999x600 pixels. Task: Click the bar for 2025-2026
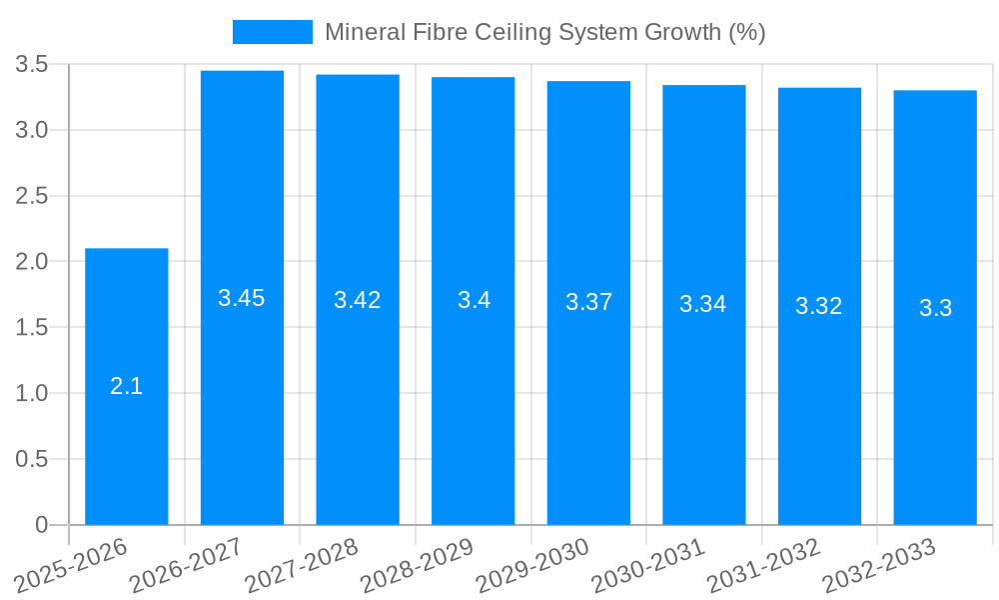pyautogui.click(x=127, y=440)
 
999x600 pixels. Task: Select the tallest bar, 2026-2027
pyautogui.click(x=242, y=400)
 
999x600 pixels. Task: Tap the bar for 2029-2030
pyautogui.click(x=588, y=420)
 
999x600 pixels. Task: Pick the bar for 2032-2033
pyautogui.click(x=935, y=420)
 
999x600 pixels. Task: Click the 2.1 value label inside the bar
pyautogui.click(x=127, y=386)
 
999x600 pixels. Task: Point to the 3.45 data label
pyautogui.click(x=242, y=298)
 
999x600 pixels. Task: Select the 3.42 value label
pyautogui.click(x=358, y=300)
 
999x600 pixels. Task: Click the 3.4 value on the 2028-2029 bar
pyautogui.click(x=474, y=300)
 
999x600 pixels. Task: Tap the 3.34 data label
pyautogui.click(x=703, y=304)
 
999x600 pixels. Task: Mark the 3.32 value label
pyautogui.click(x=819, y=306)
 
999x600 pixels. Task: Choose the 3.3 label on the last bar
pyautogui.click(x=935, y=308)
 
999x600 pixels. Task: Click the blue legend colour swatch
pyautogui.click(x=272, y=32)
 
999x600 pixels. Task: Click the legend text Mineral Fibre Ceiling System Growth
pyautogui.click(x=544, y=32)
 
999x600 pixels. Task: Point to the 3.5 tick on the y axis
pyautogui.click(x=32, y=65)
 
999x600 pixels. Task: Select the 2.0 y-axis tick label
pyautogui.click(x=32, y=262)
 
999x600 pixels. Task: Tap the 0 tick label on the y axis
pyautogui.click(x=41, y=525)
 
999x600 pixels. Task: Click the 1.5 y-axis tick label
pyautogui.click(x=32, y=328)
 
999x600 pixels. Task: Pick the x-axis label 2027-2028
pyautogui.click(x=302, y=566)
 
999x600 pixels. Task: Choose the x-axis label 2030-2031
pyautogui.click(x=648, y=566)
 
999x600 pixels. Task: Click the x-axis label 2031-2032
pyautogui.click(x=763, y=566)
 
